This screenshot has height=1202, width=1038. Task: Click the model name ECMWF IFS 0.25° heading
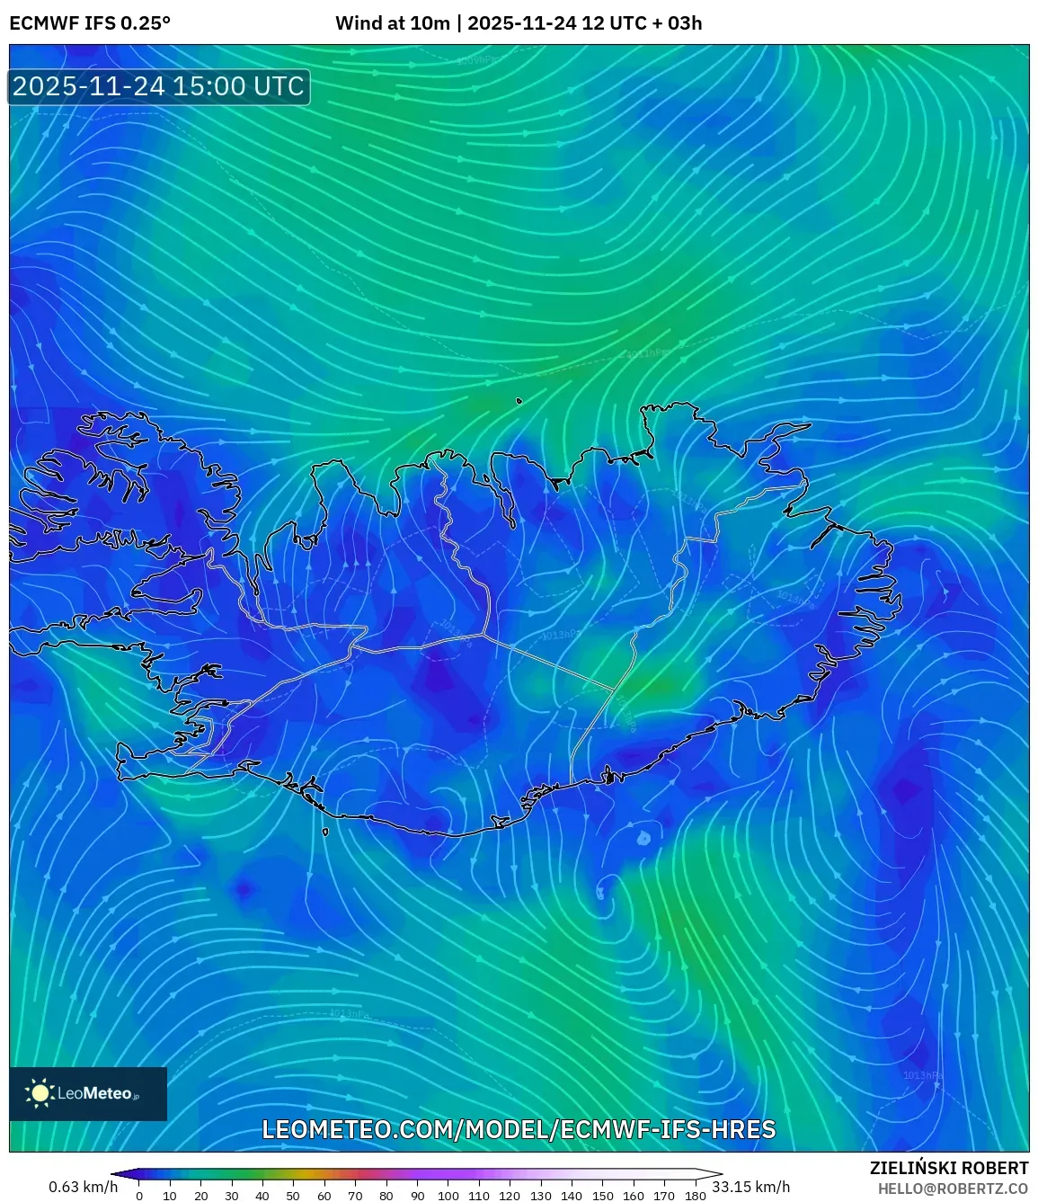90,23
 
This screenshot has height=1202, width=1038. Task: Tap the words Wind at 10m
392,23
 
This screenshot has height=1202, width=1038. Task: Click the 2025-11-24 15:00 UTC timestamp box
158,87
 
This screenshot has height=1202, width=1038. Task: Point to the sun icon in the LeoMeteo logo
40,1092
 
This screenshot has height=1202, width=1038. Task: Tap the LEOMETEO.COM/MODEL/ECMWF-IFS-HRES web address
519,1129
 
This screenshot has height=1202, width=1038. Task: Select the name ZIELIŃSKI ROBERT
948,1168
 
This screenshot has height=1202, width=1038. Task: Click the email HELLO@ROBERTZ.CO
953,1189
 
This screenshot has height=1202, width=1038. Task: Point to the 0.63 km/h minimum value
83,1187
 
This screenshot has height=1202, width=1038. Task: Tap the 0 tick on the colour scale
139,1196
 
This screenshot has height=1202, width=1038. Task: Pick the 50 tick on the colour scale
293,1196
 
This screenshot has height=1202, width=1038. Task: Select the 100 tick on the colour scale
448,1196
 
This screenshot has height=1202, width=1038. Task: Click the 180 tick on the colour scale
695,1196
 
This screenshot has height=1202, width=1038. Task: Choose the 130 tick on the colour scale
540,1196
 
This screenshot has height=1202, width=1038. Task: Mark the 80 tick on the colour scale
386,1196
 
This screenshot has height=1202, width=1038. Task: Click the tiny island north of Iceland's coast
519,401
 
